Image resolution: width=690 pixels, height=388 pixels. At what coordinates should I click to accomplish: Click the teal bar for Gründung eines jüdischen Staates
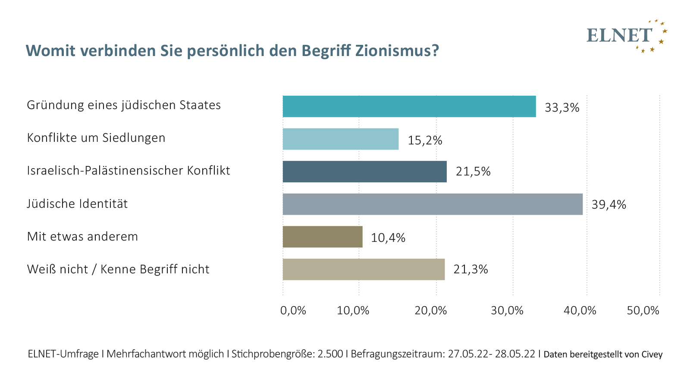(x=409, y=106)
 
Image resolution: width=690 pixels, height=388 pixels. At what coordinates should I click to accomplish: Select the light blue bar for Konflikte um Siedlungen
(x=340, y=139)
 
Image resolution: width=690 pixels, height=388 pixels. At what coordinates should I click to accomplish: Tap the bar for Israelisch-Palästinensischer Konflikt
(x=364, y=172)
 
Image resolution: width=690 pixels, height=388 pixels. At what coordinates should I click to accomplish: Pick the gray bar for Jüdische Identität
(x=433, y=204)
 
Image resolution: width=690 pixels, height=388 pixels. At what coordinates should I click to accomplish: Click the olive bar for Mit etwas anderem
(x=322, y=237)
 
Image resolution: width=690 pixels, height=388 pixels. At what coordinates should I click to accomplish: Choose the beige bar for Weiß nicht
(x=364, y=269)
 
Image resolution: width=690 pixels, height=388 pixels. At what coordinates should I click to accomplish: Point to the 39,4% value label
(x=608, y=205)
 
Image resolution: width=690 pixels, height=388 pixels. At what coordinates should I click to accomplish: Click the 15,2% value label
(x=425, y=141)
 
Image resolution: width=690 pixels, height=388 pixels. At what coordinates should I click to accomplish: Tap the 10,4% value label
(x=388, y=238)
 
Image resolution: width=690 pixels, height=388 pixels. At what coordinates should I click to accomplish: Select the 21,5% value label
(x=473, y=172)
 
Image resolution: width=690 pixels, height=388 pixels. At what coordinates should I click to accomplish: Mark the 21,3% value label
(x=470, y=270)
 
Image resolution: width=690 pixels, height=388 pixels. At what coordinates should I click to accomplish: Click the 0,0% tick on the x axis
(x=293, y=310)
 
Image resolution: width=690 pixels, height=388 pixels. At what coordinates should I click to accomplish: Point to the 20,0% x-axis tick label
(x=430, y=310)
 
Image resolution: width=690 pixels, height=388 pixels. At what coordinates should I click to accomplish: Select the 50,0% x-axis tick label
(x=643, y=310)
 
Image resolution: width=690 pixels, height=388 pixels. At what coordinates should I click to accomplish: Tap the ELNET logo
(x=627, y=36)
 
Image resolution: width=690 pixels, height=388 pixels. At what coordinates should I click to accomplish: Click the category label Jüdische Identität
(x=77, y=204)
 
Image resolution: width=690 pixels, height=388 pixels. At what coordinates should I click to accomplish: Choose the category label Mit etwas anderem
(x=82, y=237)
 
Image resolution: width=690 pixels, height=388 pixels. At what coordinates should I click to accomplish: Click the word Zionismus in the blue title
(x=397, y=51)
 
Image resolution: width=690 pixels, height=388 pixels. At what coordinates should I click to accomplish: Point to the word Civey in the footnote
(x=651, y=354)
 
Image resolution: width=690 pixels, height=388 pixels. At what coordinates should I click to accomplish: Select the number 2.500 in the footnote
(x=330, y=354)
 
